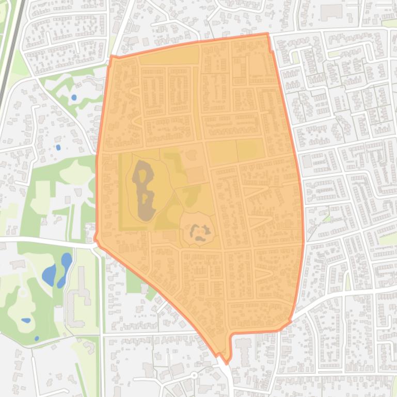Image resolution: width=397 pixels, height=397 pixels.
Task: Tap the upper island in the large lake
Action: point(146,179)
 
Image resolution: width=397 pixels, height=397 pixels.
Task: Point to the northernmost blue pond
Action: point(74,97)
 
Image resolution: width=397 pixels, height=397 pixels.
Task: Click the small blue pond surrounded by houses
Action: point(58,147)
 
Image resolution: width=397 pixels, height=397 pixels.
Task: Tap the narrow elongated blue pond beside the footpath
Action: point(65,266)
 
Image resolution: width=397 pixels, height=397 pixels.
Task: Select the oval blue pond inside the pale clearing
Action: point(26,320)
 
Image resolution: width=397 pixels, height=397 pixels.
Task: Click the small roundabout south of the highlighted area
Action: point(194,375)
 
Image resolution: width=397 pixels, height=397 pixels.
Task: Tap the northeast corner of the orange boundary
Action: point(267,34)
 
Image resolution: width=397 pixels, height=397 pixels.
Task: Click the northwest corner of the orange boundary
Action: point(112,56)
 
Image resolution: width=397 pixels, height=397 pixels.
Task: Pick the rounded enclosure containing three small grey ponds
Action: point(197,229)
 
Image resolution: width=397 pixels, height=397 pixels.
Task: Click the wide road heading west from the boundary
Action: point(46,241)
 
